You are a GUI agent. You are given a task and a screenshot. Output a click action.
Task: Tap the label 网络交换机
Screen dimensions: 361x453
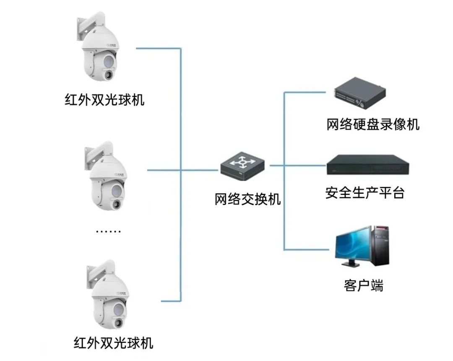(247, 199)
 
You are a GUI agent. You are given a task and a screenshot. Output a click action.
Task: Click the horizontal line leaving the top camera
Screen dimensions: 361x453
(159, 48)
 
